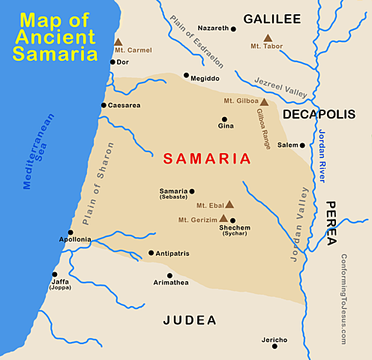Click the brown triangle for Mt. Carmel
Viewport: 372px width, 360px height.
pyautogui.click(x=118, y=43)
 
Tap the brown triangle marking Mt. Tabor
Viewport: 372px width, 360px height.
pyautogui.click(x=267, y=37)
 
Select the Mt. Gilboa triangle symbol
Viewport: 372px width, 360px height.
pyautogui.click(x=264, y=100)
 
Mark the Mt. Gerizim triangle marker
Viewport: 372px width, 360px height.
pyautogui.click(x=222, y=219)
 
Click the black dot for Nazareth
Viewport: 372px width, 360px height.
pyautogui.click(x=233, y=28)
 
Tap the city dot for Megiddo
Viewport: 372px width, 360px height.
pyautogui.click(x=187, y=75)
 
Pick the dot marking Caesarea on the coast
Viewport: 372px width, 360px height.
pyautogui.click(x=103, y=105)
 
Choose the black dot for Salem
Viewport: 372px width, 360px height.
pyautogui.click(x=302, y=145)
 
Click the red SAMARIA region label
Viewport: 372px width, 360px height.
pyautogui.click(x=206, y=159)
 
